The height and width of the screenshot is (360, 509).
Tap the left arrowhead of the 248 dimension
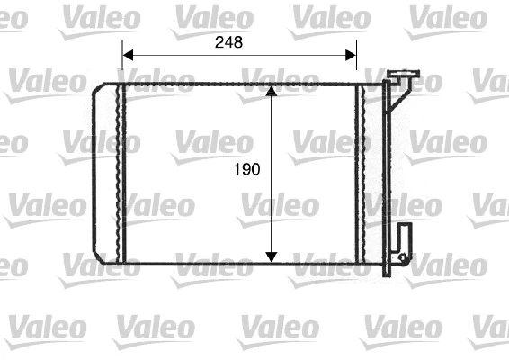click(127, 54)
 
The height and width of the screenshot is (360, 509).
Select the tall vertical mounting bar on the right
click(388, 171)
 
